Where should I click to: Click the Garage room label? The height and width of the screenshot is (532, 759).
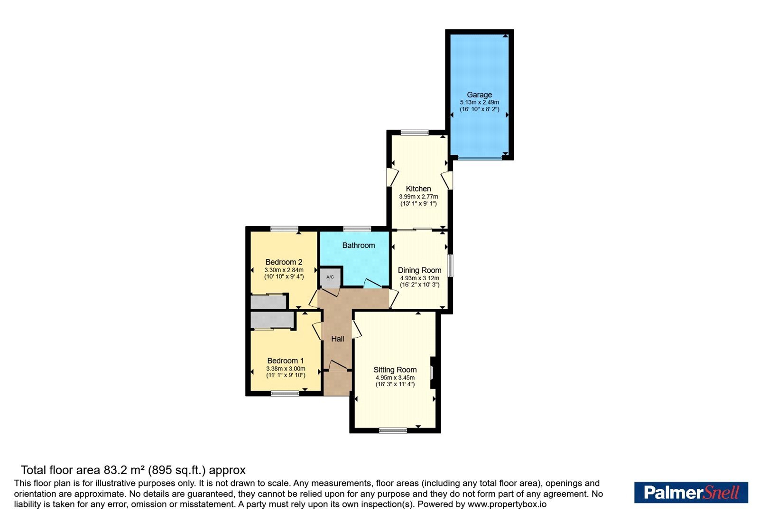tap(479, 95)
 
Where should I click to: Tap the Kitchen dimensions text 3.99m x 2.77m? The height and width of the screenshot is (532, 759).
tap(418, 197)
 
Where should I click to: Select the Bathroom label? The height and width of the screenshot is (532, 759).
tap(359, 245)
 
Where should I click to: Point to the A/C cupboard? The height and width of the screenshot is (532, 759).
tap(330, 277)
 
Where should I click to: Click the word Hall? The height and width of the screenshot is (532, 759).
tap(337, 339)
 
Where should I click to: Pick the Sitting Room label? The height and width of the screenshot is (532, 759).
tap(395, 370)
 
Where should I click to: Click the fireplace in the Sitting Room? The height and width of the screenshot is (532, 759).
tap(433, 372)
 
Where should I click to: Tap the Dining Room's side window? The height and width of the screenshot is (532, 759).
tap(450, 266)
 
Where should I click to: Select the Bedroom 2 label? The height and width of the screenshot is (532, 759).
tap(284, 262)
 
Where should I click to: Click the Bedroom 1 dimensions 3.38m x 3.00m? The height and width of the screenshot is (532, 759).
tap(286, 369)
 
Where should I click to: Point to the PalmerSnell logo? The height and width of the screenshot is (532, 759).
tap(691, 492)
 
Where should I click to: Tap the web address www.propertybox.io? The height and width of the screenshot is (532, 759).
tap(507, 504)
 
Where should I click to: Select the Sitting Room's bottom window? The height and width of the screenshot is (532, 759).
tap(393, 430)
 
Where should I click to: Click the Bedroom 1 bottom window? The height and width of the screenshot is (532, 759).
tap(285, 393)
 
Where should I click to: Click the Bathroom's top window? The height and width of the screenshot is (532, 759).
tap(357, 228)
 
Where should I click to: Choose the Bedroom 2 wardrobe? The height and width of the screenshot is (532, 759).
tap(268, 302)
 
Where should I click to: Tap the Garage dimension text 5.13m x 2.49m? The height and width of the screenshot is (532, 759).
tap(480, 102)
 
